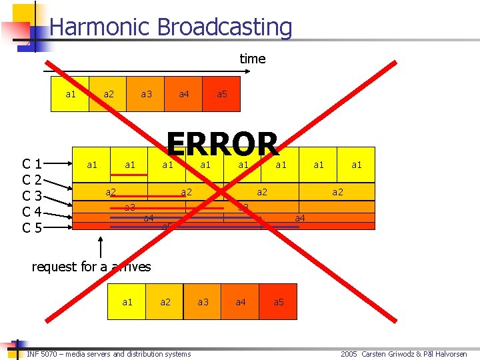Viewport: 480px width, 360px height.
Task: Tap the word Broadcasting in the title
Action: click(x=225, y=27)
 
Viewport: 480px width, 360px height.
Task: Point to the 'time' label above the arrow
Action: click(x=253, y=59)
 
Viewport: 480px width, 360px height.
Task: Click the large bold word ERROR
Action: click(x=222, y=144)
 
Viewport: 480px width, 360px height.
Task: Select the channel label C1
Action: click(x=33, y=164)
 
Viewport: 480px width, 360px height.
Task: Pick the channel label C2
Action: click(x=33, y=180)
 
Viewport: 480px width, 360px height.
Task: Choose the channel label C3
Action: click(x=33, y=196)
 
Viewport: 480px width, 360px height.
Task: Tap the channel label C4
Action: click(x=33, y=212)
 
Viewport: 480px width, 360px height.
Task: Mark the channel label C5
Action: click(x=33, y=228)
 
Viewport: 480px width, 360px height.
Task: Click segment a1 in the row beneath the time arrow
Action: click(x=71, y=94)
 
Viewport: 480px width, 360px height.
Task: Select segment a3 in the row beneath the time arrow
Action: click(x=146, y=94)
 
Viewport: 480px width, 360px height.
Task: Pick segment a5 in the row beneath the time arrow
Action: click(x=222, y=94)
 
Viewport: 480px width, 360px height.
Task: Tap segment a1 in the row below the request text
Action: click(x=127, y=302)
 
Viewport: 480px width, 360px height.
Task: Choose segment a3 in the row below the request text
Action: click(x=203, y=302)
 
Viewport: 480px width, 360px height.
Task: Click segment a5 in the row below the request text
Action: click(x=278, y=302)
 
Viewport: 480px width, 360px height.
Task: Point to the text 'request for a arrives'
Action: click(x=91, y=267)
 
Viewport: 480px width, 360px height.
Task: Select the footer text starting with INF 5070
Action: click(x=109, y=354)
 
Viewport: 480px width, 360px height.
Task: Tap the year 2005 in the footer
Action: click(x=349, y=354)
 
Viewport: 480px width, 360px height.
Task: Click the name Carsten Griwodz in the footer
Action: click(x=389, y=354)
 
